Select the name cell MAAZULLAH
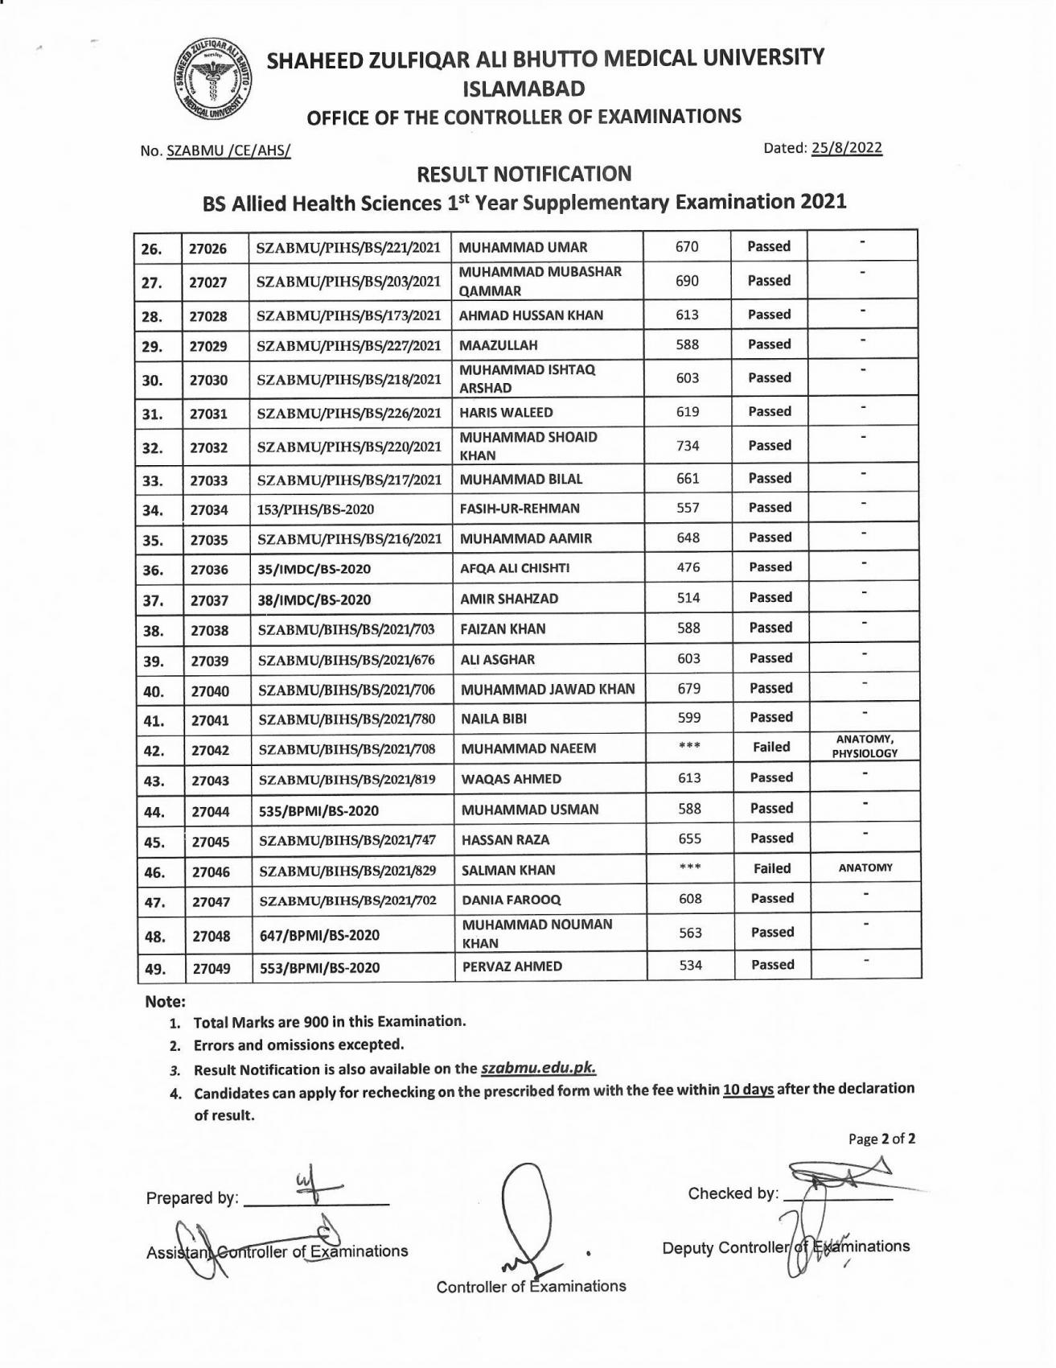point(498,345)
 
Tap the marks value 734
point(688,445)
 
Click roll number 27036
point(209,570)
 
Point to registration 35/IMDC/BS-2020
point(314,570)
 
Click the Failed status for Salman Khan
point(772,868)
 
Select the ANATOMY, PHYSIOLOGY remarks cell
point(865,747)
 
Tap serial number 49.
point(154,969)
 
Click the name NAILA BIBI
point(494,719)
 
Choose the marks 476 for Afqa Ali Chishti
point(688,567)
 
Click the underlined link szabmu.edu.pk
point(539,1069)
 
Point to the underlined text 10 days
point(748,1090)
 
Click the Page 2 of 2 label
point(881,1139)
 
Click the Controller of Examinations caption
point(531,1286)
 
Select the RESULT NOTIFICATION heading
point(524,174)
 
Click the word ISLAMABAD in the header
point(524,89)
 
